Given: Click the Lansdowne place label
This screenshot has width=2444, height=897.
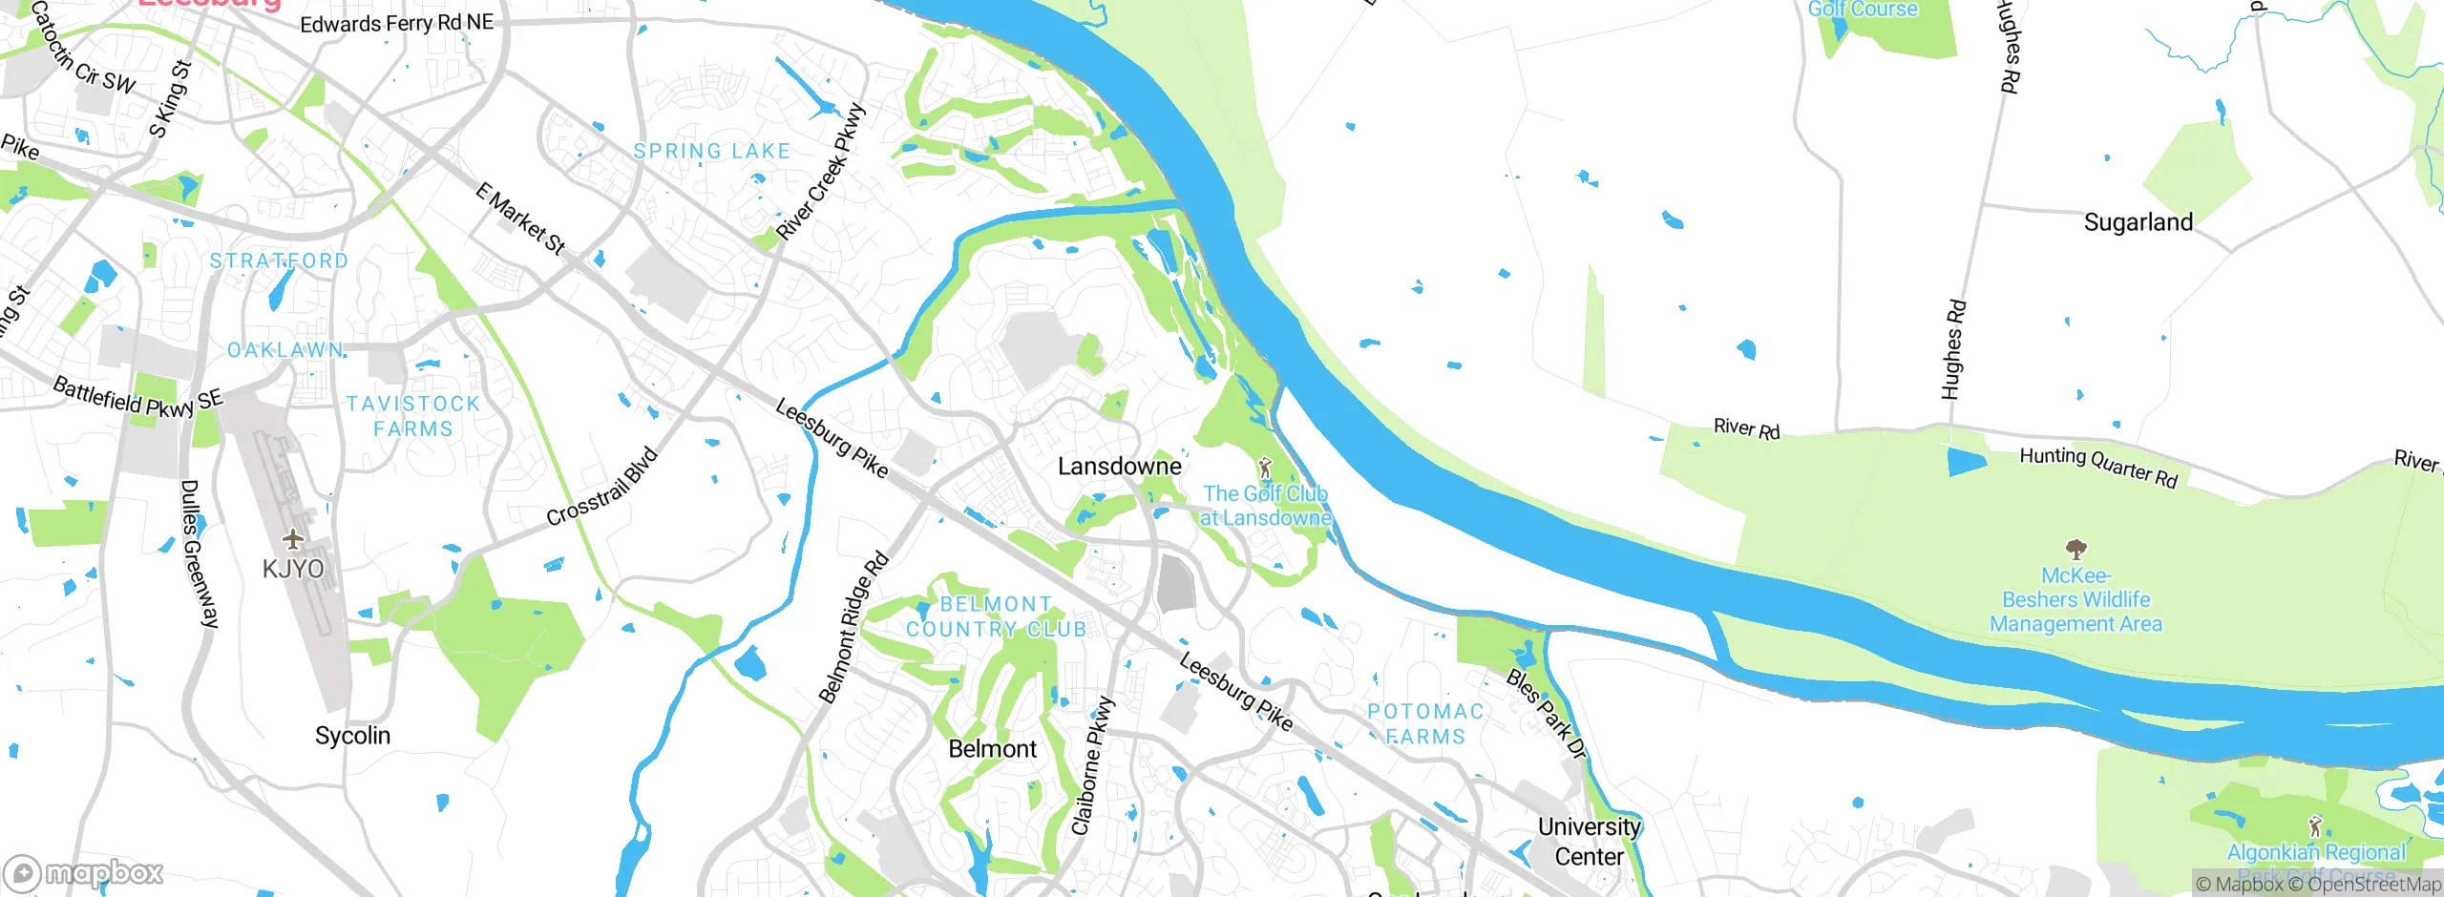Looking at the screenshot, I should [x=1119, y=467].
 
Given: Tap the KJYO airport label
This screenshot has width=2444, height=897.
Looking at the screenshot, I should [x=293, y=569].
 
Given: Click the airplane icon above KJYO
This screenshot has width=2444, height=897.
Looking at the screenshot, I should [x=293, y=540].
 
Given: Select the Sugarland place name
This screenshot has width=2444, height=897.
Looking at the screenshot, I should [x=2138, y=222].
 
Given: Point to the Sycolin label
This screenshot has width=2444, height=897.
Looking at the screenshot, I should [x=352, y=736].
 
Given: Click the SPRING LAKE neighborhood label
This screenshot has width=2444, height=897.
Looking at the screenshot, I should [x=712, y=151].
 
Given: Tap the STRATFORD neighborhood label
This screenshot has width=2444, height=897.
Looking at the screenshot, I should [x=279, y=261].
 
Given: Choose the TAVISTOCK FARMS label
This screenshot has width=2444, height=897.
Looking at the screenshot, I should [x=412, y=416].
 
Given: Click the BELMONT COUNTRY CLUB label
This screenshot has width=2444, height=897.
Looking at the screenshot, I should [x=996, y=616].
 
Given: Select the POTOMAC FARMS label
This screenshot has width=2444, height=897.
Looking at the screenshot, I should [x=1425, y=723].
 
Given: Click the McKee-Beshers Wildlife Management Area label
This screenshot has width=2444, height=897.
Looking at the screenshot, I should [x=2075, y=600].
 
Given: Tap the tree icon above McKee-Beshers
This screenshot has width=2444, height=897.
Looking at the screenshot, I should [x=2075, y=550].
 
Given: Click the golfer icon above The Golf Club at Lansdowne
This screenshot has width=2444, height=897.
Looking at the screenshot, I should [x=1265, y=468].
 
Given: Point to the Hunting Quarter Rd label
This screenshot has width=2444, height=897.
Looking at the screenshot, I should [x=2098, y=468].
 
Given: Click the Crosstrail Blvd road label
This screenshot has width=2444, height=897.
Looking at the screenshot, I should [x=601, y=487].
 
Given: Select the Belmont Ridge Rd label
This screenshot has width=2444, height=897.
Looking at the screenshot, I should [x=853, y=629].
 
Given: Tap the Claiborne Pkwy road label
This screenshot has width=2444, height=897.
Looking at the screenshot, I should [x=1092, y=766].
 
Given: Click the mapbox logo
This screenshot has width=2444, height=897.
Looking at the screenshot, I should [x=84, y=872].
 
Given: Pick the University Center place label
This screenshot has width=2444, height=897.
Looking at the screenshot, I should [x=1589, y=842].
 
